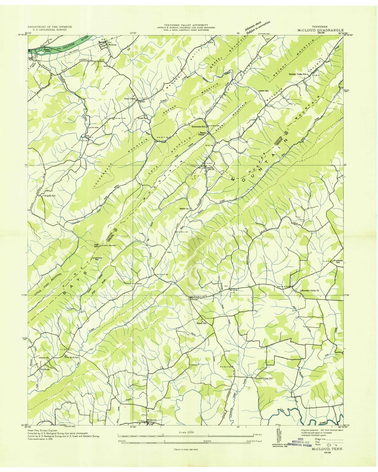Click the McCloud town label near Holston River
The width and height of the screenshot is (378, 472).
pos(112,44)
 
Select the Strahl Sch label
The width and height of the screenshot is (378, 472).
pos(143,118)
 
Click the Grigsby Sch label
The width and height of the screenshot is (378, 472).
pos(50,195)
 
